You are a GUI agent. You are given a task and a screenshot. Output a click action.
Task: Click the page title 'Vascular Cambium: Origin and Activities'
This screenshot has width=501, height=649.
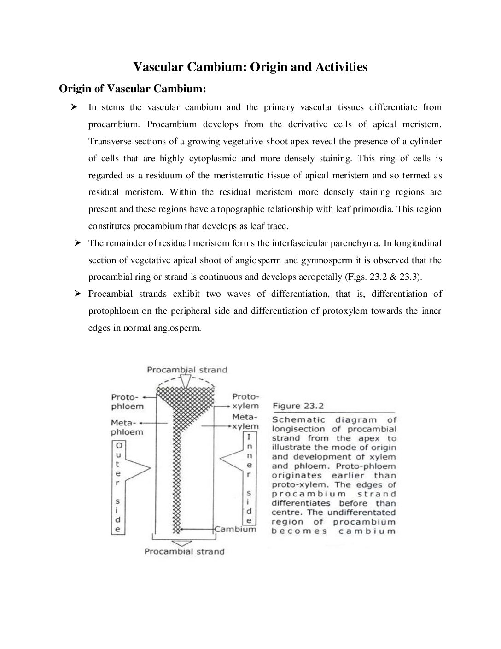coord(250,67)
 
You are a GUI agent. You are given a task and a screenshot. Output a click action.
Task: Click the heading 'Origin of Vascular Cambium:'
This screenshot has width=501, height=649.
coord(132,88)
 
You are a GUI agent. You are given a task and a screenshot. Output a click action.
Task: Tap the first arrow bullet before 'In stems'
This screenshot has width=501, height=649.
coord(73,107)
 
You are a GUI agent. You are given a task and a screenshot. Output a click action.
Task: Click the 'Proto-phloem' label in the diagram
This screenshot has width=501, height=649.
coord(127,401)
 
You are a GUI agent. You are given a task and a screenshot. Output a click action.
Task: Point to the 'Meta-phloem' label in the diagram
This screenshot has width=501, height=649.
coord(127,427)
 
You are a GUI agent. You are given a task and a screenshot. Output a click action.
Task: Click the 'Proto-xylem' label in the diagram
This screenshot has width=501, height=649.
coord(245,401)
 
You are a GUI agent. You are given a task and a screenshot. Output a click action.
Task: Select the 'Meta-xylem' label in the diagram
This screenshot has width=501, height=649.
coord(245,421)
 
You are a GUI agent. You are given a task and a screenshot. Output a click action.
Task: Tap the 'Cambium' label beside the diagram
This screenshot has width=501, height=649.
coord(235,529)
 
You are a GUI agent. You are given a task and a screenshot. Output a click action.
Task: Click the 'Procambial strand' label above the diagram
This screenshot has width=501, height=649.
coord(187,370)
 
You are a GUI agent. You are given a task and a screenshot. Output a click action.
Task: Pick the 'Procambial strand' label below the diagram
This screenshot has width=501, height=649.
coord(184,551)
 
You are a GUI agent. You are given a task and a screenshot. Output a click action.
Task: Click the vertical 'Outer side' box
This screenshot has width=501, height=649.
coord(118,487)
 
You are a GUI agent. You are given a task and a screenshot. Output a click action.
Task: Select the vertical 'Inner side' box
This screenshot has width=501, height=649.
coord(249,478)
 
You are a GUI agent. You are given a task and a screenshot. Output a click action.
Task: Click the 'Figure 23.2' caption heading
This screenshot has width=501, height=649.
coord(298,406)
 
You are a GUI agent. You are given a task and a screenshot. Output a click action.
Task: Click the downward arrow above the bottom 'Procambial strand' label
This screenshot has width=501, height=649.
coord(183,543)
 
